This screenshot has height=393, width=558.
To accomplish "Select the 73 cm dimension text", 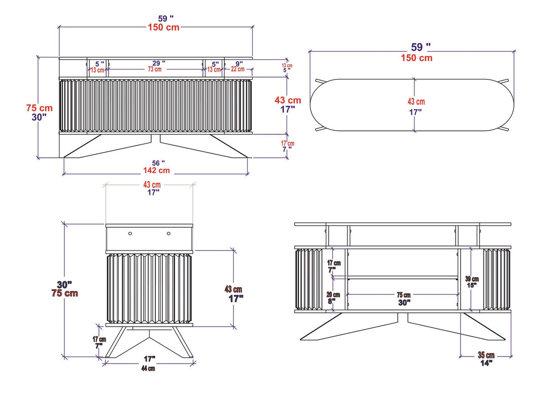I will (x=155, y=69).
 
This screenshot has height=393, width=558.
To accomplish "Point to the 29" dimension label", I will (x=155, y=63).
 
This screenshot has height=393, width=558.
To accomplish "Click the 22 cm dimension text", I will (x=237, y=69).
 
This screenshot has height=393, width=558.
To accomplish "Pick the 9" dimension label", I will (x=239, y=63).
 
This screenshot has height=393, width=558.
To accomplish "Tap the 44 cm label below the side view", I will (x=148, y=368).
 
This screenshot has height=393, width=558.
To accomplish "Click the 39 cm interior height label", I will (x=472, y=278).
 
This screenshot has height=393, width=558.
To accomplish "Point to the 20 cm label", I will (x=333, y=295).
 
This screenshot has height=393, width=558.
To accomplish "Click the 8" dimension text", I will (x=333, y=302).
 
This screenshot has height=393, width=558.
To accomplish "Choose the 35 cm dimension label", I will (x=485, y=355).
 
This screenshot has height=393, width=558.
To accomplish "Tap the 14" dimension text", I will (x=485, y=363).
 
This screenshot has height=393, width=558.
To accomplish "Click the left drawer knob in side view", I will (x=130, y=234).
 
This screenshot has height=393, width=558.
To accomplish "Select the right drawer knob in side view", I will (x=168, y=234).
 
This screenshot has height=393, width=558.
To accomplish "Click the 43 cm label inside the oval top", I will (x=416, y=102).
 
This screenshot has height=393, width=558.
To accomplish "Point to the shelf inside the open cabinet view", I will (x=403, y=277).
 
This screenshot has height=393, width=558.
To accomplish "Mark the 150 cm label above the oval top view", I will (x=415, y=58).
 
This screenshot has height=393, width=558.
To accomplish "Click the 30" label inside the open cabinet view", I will (x=404, y=302).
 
